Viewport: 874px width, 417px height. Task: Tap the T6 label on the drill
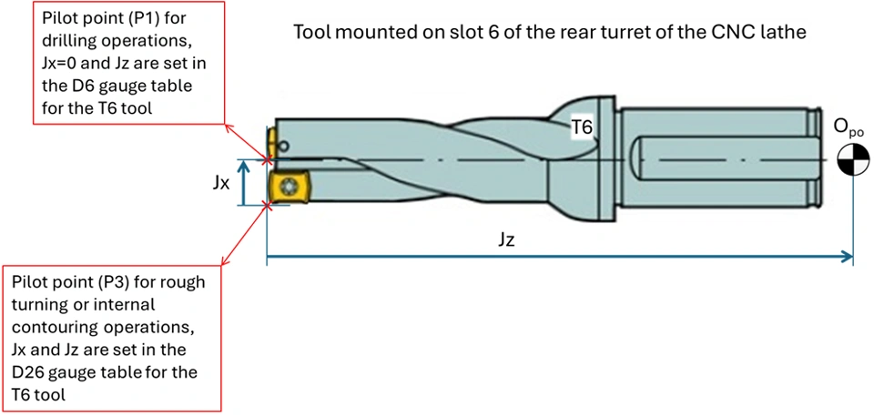click(x=582, y=129)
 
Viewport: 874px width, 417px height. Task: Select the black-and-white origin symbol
click(x=852, y=162)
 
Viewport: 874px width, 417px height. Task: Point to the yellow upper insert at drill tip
click(x=272, y=142)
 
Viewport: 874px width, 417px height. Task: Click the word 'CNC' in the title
click(x=677, y=32)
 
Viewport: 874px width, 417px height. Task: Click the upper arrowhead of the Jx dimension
click(x=243, y=165)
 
